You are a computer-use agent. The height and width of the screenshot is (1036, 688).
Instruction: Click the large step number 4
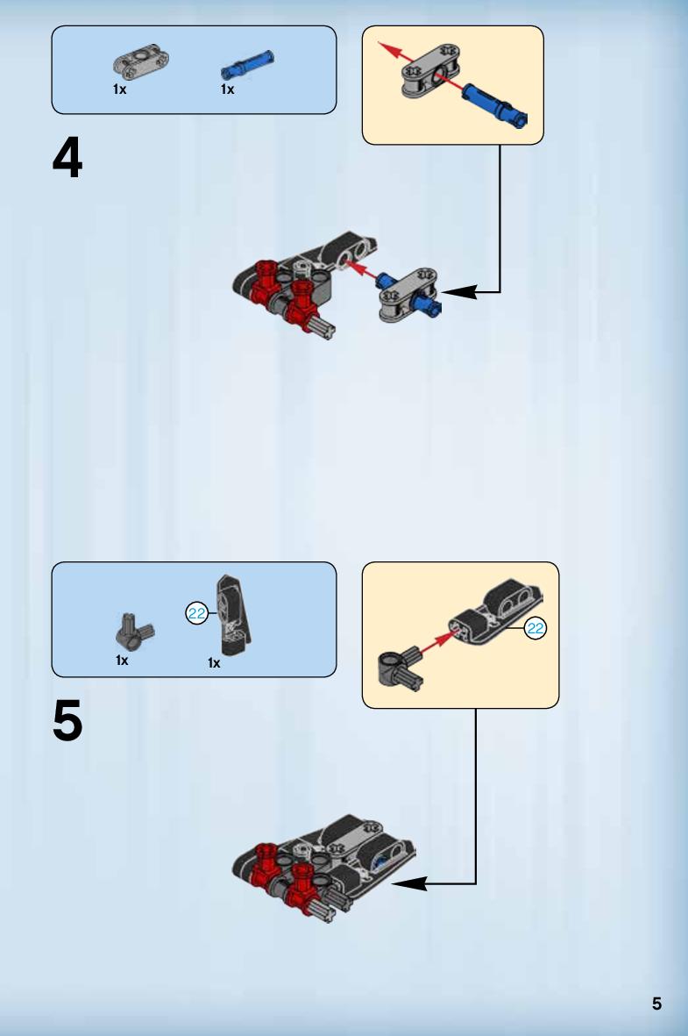pyautogui.click(x=67, y=157)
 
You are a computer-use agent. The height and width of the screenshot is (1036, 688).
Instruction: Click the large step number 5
pyautogui.click(x=67, y=720)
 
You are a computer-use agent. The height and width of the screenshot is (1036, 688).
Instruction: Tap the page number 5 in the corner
pyautogui.click(x=656, y=1004)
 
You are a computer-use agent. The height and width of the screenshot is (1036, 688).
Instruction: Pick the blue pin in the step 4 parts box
pyautogui.click(x=247, y=65)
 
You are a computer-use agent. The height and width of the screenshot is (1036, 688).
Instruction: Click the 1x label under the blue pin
pyautogui.click(x=227, y=89)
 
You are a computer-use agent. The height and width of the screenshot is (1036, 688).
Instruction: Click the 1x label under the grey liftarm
pyautogui.click(x=119, y=89)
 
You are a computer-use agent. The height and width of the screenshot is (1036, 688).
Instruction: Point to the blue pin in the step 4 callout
pyautogui.click(x=494, y=104)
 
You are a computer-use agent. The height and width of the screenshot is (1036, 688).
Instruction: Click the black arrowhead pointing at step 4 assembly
pyautogui.click(x=458, y=291)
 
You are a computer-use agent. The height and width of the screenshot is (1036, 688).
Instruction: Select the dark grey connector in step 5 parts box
pyautogui.click(x=134, y=632)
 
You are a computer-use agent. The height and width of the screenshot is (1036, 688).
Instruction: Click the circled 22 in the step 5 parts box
pyautogui.click(x=197, y=614)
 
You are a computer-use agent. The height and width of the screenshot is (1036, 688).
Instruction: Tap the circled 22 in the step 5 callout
pyautogui.click(x=536, y=628)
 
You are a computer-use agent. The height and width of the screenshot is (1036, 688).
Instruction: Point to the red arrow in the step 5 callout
pyautogui.click(x=438, y=643)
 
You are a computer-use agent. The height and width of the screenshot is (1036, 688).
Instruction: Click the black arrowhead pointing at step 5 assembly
pyautogui.click(x=409, y=883)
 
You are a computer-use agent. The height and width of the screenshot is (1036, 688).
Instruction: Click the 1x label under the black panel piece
pyautogui.click(x=214, y=662)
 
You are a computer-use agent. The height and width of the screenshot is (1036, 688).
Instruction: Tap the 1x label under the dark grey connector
pyautogui.click(x=122, y=660)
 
